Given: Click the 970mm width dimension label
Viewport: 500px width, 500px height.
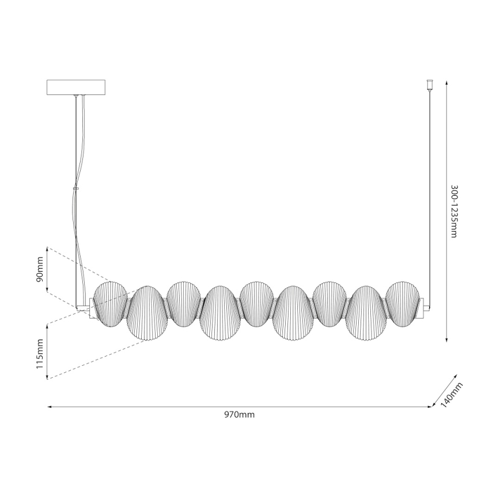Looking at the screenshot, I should [x=240, y=415].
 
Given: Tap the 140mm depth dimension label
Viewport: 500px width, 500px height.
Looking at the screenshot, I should [x=452, y=395].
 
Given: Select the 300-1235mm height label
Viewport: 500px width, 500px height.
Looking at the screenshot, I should [x=454, y=211].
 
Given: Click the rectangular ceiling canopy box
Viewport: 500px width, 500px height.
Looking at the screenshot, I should [x=77, y=87].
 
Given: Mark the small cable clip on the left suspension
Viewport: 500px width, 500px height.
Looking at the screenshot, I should [x=76, y=187].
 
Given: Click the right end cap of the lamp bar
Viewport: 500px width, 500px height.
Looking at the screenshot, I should [x=425, y=305].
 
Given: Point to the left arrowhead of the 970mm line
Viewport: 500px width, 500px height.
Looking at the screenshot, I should [x=50, y=407].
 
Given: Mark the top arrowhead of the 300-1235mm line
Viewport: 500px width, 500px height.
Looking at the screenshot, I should [x=448, y=82].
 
